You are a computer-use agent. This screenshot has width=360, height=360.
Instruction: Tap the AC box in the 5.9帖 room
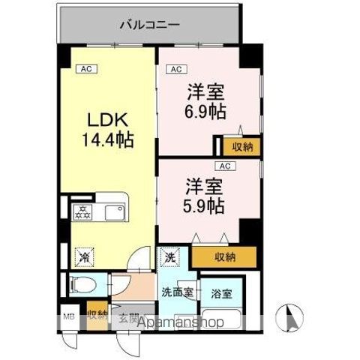(223, 166)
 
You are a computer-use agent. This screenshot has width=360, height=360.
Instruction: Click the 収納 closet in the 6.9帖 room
(241, 146)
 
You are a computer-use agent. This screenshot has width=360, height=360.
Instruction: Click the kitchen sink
(116, 212)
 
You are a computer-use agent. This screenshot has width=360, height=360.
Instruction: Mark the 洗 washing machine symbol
(170, 255)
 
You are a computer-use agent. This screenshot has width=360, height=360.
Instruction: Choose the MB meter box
(68, 316)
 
